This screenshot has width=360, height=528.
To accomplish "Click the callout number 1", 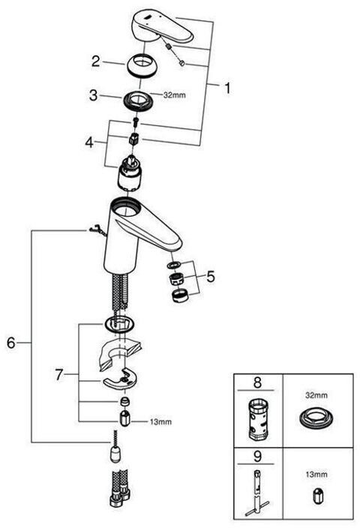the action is [228, 88].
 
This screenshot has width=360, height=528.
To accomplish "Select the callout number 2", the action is [96, 61].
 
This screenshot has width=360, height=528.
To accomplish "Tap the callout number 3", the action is [93, 95].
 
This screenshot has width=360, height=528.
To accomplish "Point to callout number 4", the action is [89, 142].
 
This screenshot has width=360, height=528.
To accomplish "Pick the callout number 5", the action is [211, 277].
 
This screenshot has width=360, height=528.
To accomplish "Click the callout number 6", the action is [11, 343].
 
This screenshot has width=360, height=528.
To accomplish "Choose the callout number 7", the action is [59, 374].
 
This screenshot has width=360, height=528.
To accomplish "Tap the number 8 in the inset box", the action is [257, 382].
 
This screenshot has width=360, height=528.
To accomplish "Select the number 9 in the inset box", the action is [257, 456].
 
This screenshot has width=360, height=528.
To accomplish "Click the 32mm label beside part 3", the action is [175, 95].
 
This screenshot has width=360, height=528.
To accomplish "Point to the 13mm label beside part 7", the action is [160, 421].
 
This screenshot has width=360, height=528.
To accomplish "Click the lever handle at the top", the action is [162, 26].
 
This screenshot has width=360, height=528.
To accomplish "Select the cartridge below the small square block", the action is [130, 173].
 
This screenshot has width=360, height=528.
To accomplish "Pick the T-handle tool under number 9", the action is [257, 492].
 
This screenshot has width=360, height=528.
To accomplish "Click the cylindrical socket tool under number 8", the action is [257, 419].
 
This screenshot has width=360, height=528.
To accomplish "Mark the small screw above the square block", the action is [136, 121].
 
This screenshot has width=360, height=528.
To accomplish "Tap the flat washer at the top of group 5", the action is [174, 265].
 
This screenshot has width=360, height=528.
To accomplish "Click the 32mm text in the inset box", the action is [316, 395].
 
